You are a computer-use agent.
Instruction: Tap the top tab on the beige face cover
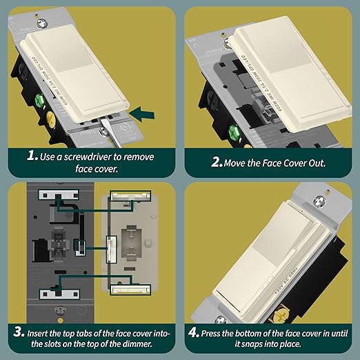[129, 199]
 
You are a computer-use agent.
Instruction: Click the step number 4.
[193, 333]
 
